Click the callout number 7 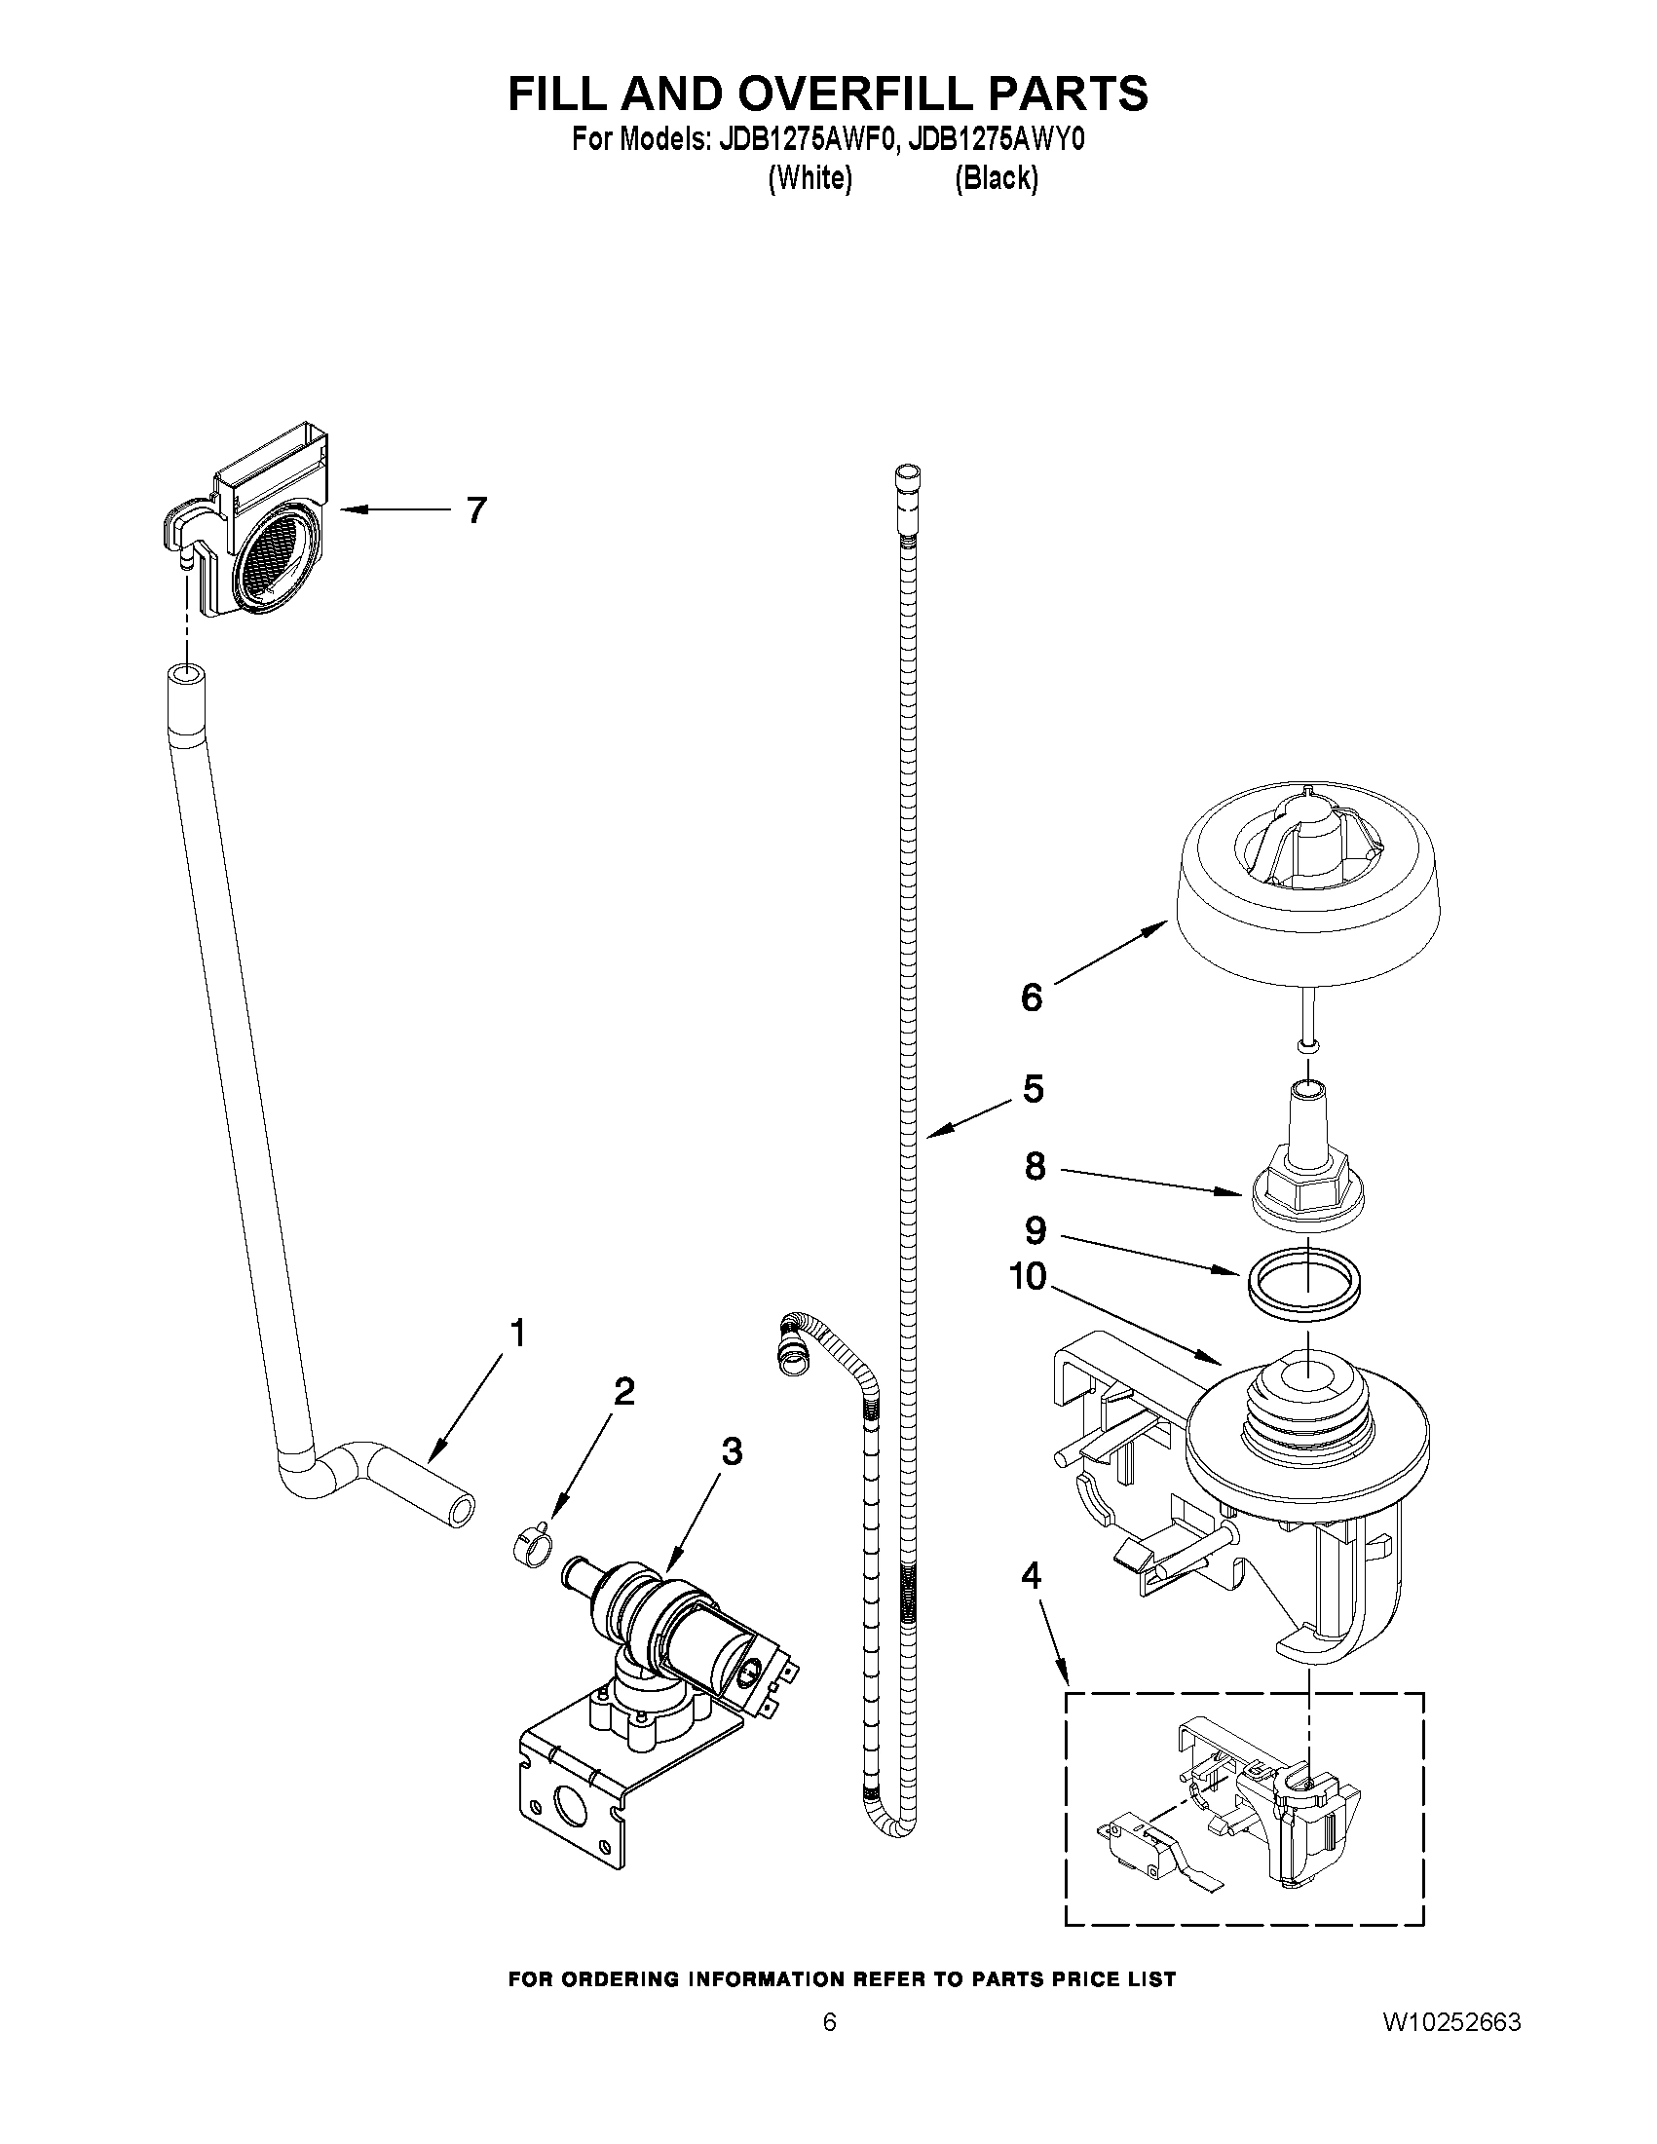coord(476,510)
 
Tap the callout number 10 coord(1028,1277)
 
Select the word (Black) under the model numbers coord(996,178)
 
